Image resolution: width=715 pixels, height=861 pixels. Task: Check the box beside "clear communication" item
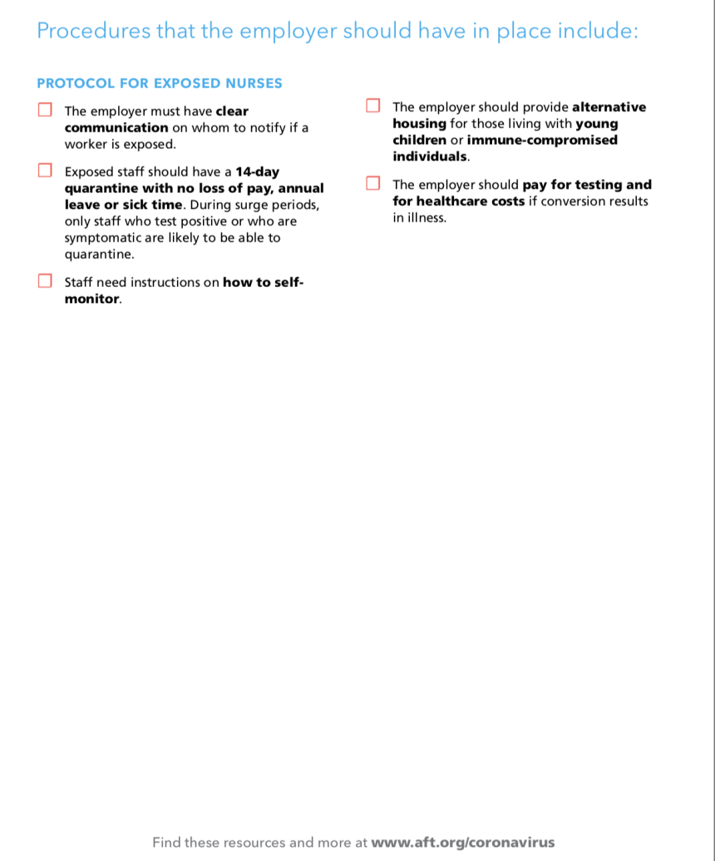(x=44, y=110)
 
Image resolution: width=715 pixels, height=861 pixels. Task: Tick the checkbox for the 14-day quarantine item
(x=44, y=171)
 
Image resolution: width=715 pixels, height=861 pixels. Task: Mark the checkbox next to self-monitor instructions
(x=44, y=281)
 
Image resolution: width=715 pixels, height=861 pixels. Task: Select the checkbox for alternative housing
(x=372, y=106)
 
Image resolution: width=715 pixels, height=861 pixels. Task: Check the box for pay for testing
(x=372, y=183)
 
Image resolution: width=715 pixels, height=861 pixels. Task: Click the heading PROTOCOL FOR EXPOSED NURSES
(x=160, y=83)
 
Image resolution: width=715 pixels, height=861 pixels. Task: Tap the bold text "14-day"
(x=258, y=172)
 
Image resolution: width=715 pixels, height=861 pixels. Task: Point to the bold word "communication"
(x=116, y=127)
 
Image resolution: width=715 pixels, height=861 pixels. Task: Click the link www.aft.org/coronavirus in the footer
(x=462, y=842)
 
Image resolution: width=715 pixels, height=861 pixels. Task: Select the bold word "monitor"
(x=92, y=299)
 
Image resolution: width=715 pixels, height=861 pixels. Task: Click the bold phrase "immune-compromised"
(x=542, y=140)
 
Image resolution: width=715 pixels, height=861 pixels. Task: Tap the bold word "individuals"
(x=430, y=156)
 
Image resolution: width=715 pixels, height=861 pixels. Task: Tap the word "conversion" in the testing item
(x=571, y=201)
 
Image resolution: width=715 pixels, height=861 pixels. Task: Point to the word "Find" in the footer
(x=166, y=842)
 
